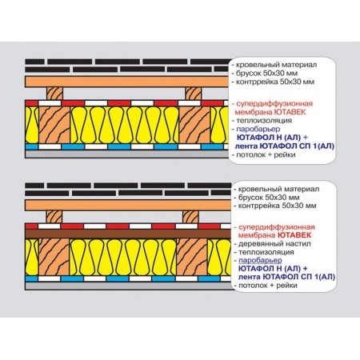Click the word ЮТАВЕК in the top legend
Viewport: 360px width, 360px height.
click(290, 112)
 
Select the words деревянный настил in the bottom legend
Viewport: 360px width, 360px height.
click(274, 244)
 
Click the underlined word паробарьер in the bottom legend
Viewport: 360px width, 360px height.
click(260, 260)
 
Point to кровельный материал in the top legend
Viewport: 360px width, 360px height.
click(277, 65)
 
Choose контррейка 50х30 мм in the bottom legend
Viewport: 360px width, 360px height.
click(278, 206)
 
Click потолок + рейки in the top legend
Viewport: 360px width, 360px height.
click(266, 154)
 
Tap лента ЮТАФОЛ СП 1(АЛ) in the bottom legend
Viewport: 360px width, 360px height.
click(286, 277)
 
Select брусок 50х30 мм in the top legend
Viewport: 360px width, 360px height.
click(266, 73)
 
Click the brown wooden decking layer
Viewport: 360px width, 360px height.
click(128, 234)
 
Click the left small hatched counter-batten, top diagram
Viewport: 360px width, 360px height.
click(55, 94)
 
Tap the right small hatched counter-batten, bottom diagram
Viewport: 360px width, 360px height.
click(190, 217)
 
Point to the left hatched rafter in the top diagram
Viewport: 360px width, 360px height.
click(54, 125)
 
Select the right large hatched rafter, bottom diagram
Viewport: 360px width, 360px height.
click(192, 257)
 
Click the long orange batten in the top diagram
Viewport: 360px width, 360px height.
click(126, 82)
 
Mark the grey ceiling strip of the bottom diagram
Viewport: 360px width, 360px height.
click(128, 286)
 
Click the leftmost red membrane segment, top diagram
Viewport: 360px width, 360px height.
click(32, 103)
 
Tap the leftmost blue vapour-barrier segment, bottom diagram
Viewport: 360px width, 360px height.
click(31, 278)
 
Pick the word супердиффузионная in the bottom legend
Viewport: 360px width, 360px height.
click(277, 227)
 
